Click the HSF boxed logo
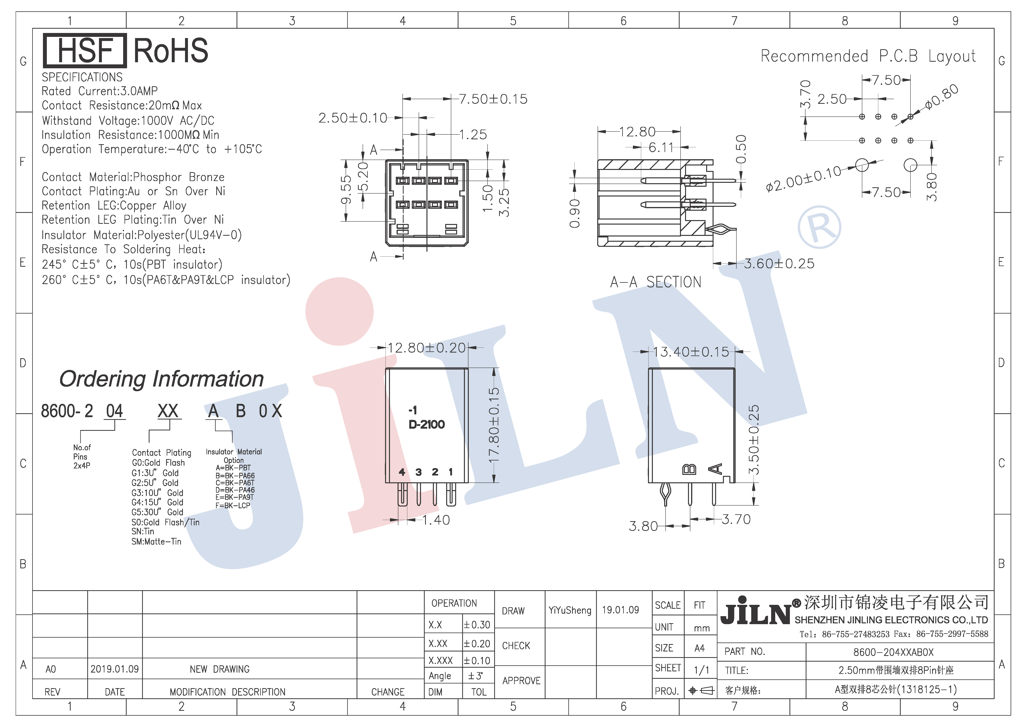[x=85, y=51]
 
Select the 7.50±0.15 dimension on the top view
[x=493, y=99]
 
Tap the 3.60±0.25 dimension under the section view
[x=779, y=264]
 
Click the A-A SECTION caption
[x=656, y=282]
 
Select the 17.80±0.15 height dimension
[x=494, y=425]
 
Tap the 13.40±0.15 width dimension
[x=691, y=352]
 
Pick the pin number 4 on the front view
[x=402, y=472]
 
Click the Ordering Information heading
[x=161, y=379]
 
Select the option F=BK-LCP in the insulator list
[x=233, y=506]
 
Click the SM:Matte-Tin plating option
[x=156, y=541]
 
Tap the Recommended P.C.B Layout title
[x=868, y=56]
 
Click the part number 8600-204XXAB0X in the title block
[x=893, y=652]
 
